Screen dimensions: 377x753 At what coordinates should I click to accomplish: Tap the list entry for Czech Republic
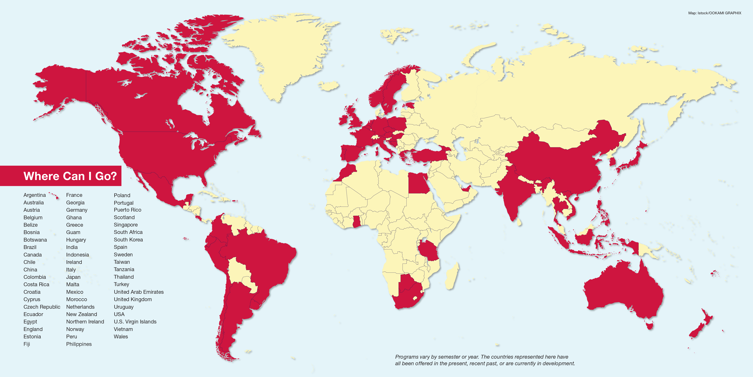(x=42, y=307)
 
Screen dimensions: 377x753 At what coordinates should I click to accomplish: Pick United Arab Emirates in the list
(x=139, y=292)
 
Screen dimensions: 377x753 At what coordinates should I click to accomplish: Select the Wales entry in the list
(x=121, y=337)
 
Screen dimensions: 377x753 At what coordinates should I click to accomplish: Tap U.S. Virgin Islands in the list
(x=135, y=322)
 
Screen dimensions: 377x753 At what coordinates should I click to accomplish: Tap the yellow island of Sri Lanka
(x=519, y=222)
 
